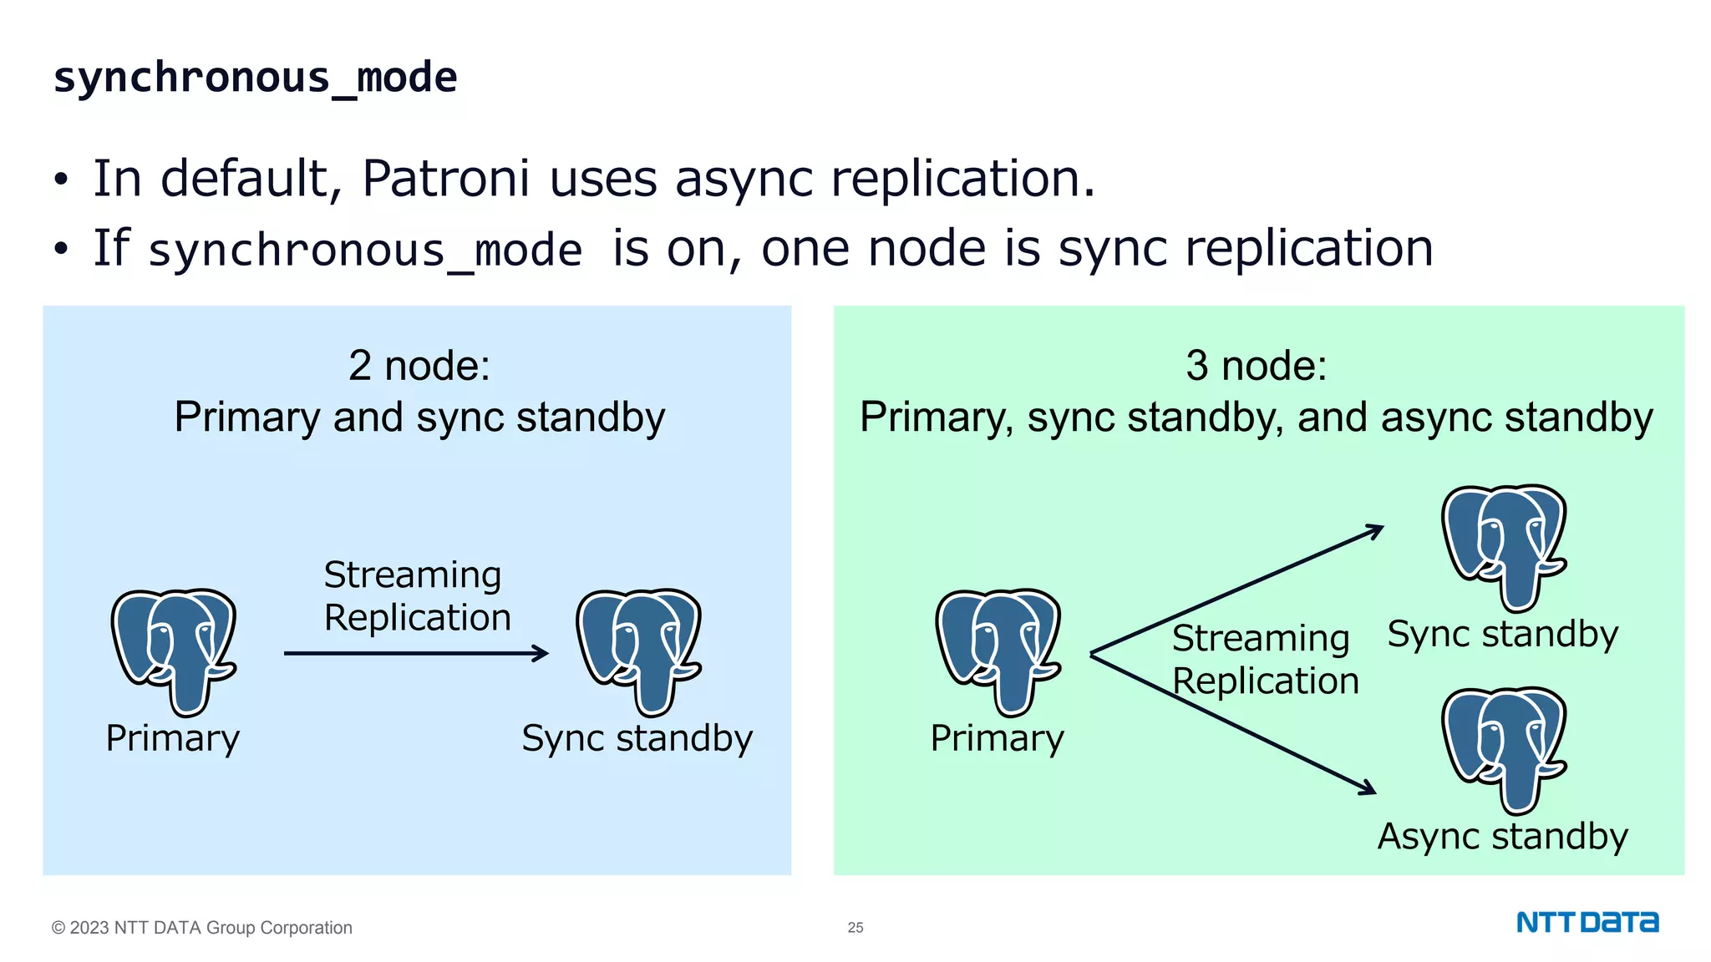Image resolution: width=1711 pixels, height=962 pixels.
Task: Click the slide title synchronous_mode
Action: coord(255,78)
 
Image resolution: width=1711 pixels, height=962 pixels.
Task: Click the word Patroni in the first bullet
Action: coord(445,178)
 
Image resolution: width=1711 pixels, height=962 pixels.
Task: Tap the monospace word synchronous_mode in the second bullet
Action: coord(365,251)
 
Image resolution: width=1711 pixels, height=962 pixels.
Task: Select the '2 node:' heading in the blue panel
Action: coord(419,365)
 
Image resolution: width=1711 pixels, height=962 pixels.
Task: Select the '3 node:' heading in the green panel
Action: coord(1256,365)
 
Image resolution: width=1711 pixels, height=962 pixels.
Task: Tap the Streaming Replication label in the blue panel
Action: coord(416,595)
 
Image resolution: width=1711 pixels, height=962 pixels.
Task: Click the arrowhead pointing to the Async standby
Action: coord(1367,788)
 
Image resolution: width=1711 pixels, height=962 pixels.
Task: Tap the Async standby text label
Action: coord(1502,836)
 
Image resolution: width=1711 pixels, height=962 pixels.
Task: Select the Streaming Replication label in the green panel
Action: coord(1264,659)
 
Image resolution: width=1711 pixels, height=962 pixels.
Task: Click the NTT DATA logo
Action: coord(1587,923)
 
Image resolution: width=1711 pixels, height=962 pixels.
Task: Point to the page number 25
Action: coord(855,928)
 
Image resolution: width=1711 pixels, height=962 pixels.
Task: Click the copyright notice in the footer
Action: coord(202,928)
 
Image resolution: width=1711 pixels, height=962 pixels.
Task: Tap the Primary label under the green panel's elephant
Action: coord(997,738)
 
